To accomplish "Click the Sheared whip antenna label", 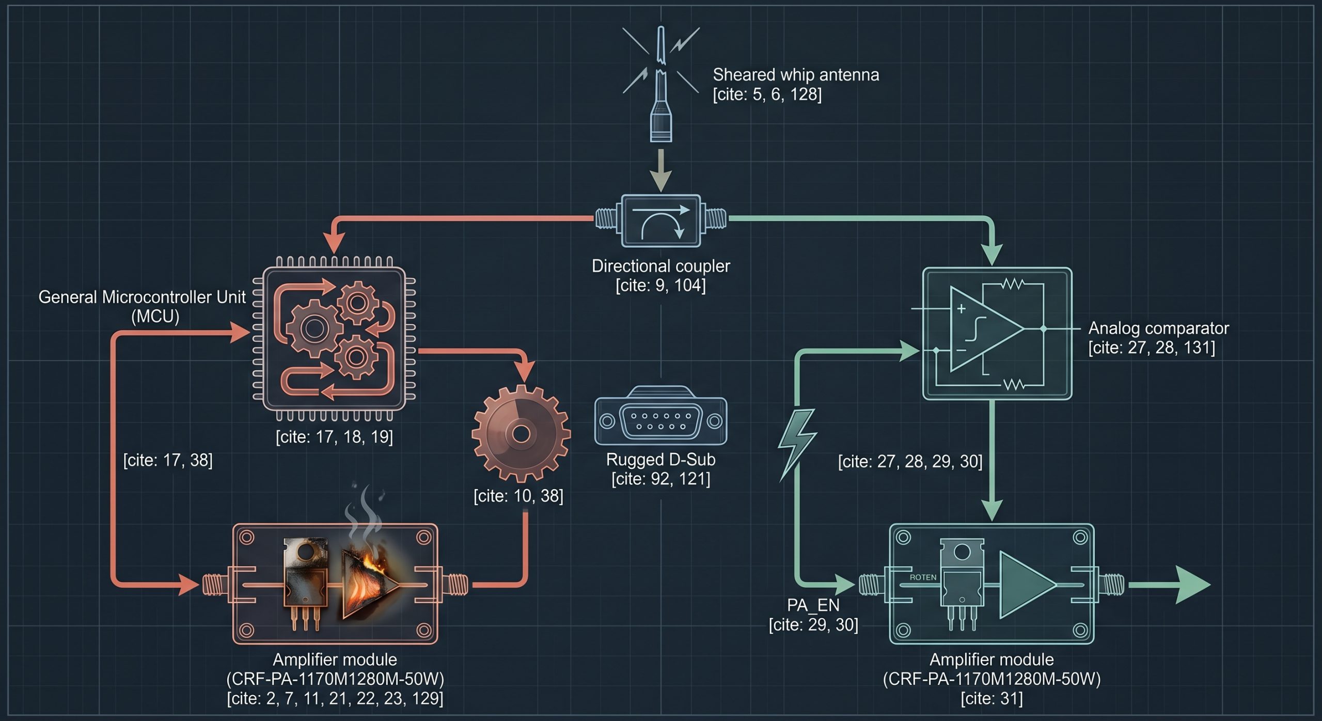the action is point(796,75).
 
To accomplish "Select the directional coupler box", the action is point(661,221).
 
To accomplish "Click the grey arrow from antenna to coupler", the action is point(661,171).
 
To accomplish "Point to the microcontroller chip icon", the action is point(334,339).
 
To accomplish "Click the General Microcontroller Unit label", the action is point(142,306).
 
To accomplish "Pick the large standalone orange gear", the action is point(521,434).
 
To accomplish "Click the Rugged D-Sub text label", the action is point(661,459).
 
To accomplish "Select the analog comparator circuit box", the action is point(997,334).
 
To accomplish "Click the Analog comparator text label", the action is point(1158,328).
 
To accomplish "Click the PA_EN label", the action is point(813,605).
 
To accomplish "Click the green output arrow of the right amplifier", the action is point(1170,585).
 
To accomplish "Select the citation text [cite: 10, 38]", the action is point(518,496).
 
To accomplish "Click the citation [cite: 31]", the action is point(991,698).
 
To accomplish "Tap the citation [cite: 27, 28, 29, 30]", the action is point(910,461).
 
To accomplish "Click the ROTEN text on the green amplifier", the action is point(923,577).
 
